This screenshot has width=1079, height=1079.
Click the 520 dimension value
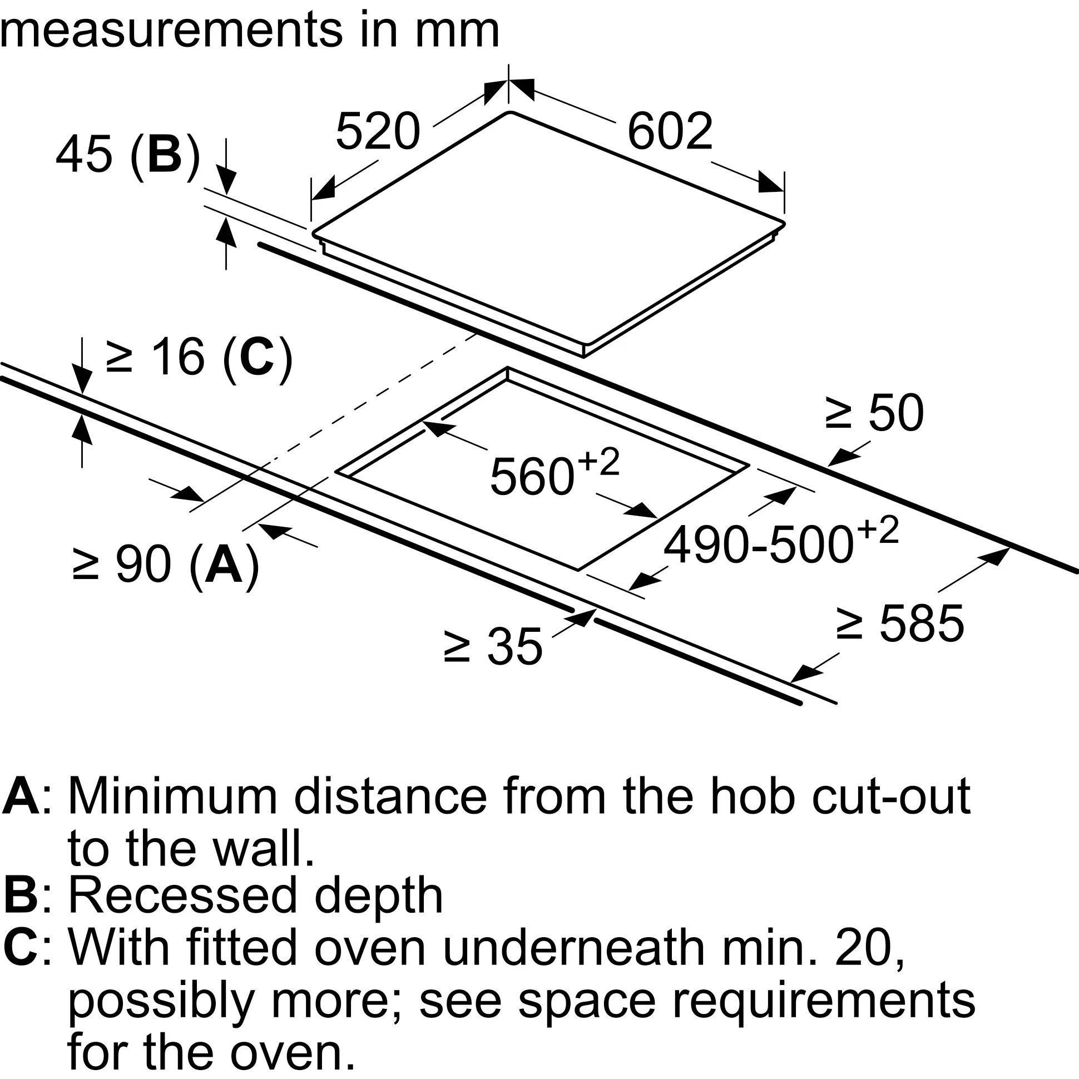(378, 132)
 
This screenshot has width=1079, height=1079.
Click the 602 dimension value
(670, 132)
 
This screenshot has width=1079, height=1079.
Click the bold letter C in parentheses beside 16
(258, 358)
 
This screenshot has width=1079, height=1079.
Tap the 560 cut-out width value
(532, 477)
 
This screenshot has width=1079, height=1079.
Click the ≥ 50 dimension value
(874, 414)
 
